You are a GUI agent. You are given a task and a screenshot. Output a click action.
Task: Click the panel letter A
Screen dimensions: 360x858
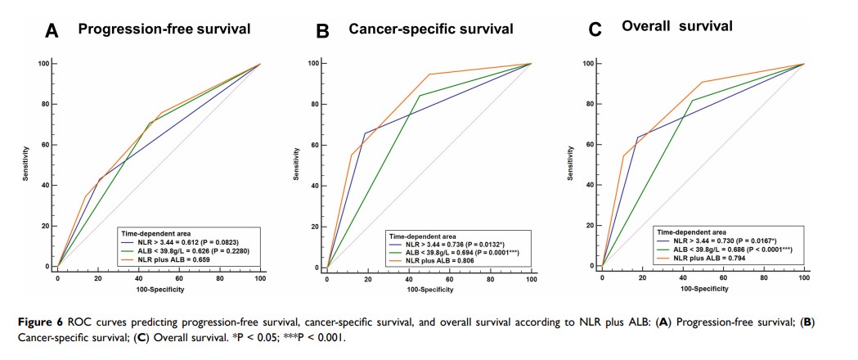(x=52, y=31)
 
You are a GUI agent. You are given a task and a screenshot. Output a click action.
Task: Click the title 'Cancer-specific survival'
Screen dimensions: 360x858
(x=431, y=29)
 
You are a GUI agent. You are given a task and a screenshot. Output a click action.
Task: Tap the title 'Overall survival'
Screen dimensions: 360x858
(x=676, y=26)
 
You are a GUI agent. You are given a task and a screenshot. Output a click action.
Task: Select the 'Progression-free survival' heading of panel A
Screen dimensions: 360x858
(x=164, y=29)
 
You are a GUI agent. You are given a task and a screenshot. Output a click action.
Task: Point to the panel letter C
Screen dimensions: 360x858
(x=595, y=30)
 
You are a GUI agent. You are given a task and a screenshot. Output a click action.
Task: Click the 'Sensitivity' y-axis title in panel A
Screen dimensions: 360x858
(x=26, y=164)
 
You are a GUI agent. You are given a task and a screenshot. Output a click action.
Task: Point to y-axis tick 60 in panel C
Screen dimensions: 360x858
(x=592, y=144)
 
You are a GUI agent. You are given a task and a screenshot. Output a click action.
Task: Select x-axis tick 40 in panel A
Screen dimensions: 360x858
(x=138, y=279)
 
